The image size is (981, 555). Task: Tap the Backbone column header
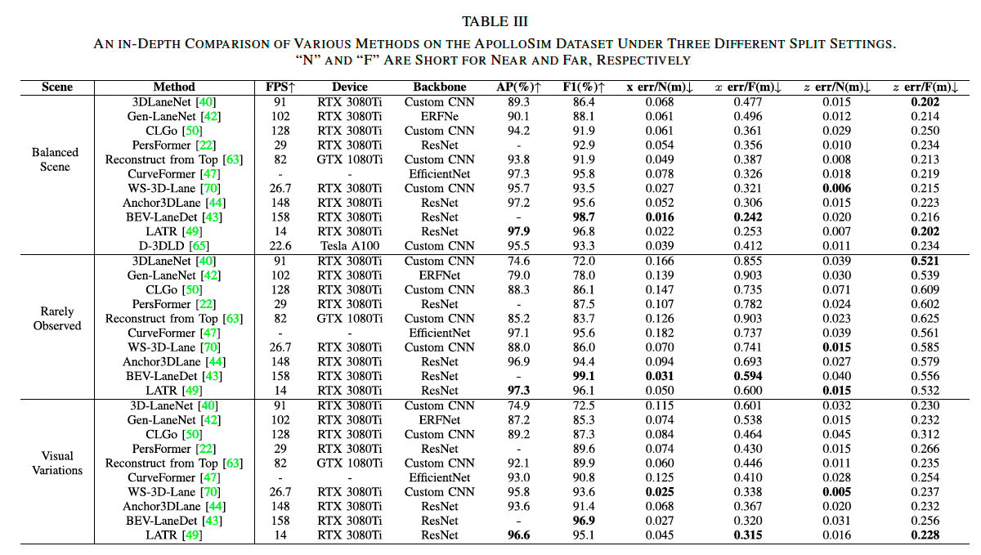coord(439,87)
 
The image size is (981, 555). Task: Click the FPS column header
coord(280,87)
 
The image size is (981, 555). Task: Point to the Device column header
coord(350,87)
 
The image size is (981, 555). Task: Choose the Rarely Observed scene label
coord(56,318)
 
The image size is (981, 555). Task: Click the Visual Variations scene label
coord(56,463)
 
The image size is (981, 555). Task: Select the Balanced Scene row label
coord(56,159)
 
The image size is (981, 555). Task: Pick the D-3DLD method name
coord(159,246)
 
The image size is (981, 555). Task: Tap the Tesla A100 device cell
coord(349,246)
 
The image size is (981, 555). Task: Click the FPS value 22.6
coord(280,246)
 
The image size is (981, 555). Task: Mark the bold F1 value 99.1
coord(584,376)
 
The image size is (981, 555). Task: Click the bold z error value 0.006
coord(840,188)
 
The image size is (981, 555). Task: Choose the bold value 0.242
coord(749,217)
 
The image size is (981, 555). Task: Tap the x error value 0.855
coord(749,261)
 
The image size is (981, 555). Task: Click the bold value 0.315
coord(749,535)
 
